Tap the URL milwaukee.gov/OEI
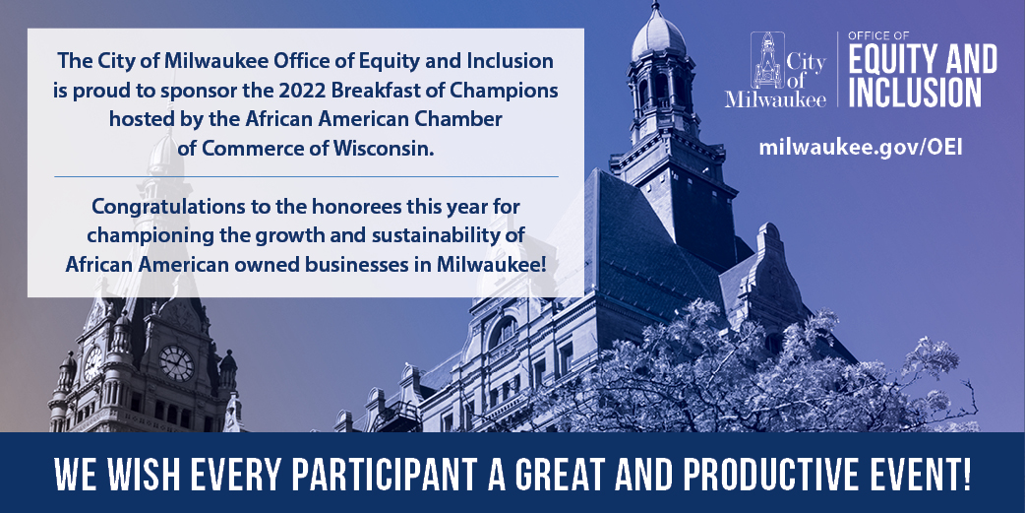861,147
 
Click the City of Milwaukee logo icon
767,60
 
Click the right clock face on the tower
176,362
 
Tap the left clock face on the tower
92,362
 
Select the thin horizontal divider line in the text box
306,176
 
